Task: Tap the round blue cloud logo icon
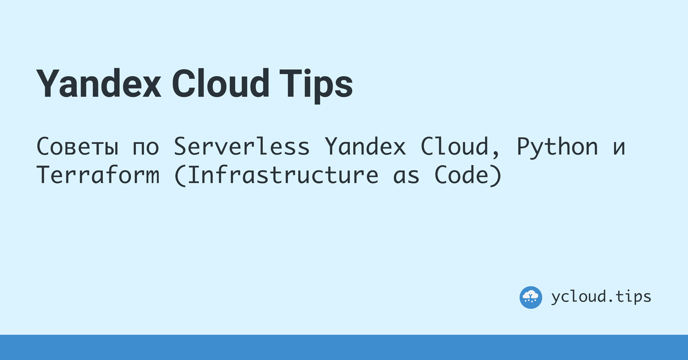pos(531,297)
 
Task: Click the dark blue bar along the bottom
pos(344,347)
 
